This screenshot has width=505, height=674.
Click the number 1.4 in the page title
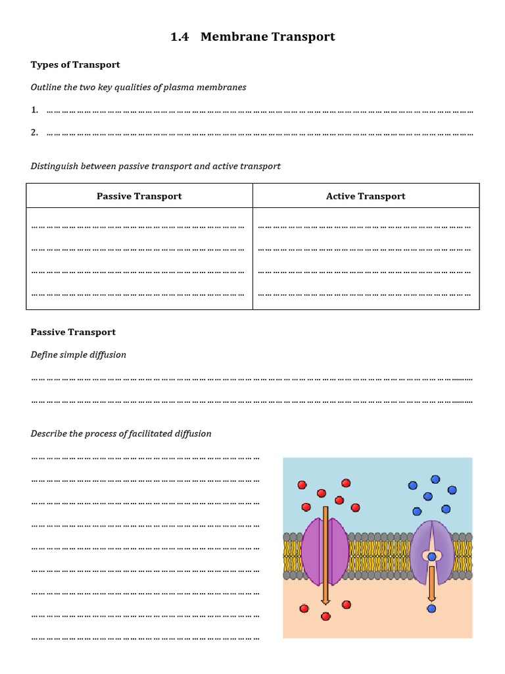click(179, 37)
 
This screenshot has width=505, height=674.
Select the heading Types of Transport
click(75, 65)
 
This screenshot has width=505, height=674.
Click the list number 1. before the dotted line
click(34, 110)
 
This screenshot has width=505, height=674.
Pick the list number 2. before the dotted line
click(34, 132)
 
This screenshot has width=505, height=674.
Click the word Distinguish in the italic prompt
click(54, 166)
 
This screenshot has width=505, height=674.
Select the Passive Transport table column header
click(139, 196)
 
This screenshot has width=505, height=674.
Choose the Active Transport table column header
click(366, 196)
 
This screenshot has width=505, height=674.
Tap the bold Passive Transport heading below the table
click(73, 332)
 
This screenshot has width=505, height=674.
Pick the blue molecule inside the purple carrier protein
click(431, 557)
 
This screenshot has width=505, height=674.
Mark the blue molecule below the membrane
click(431, 608)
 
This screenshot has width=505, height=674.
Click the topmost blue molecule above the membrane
click(435, 479)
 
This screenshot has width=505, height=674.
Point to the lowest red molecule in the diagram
click(325, 617)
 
